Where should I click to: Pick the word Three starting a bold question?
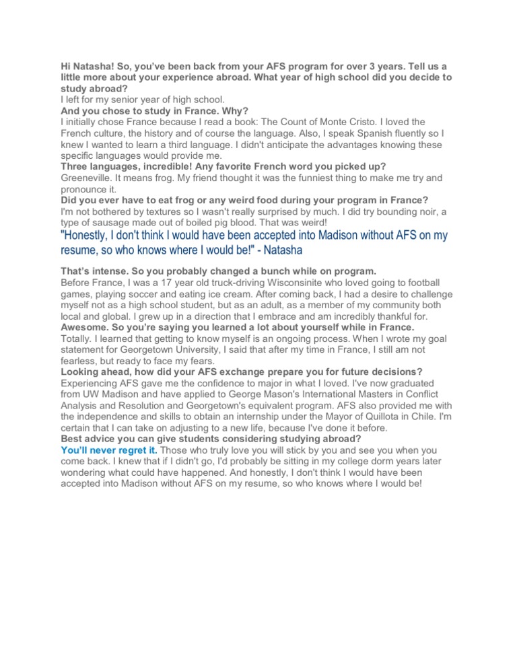pyautogui.click(x=75, y=166)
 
